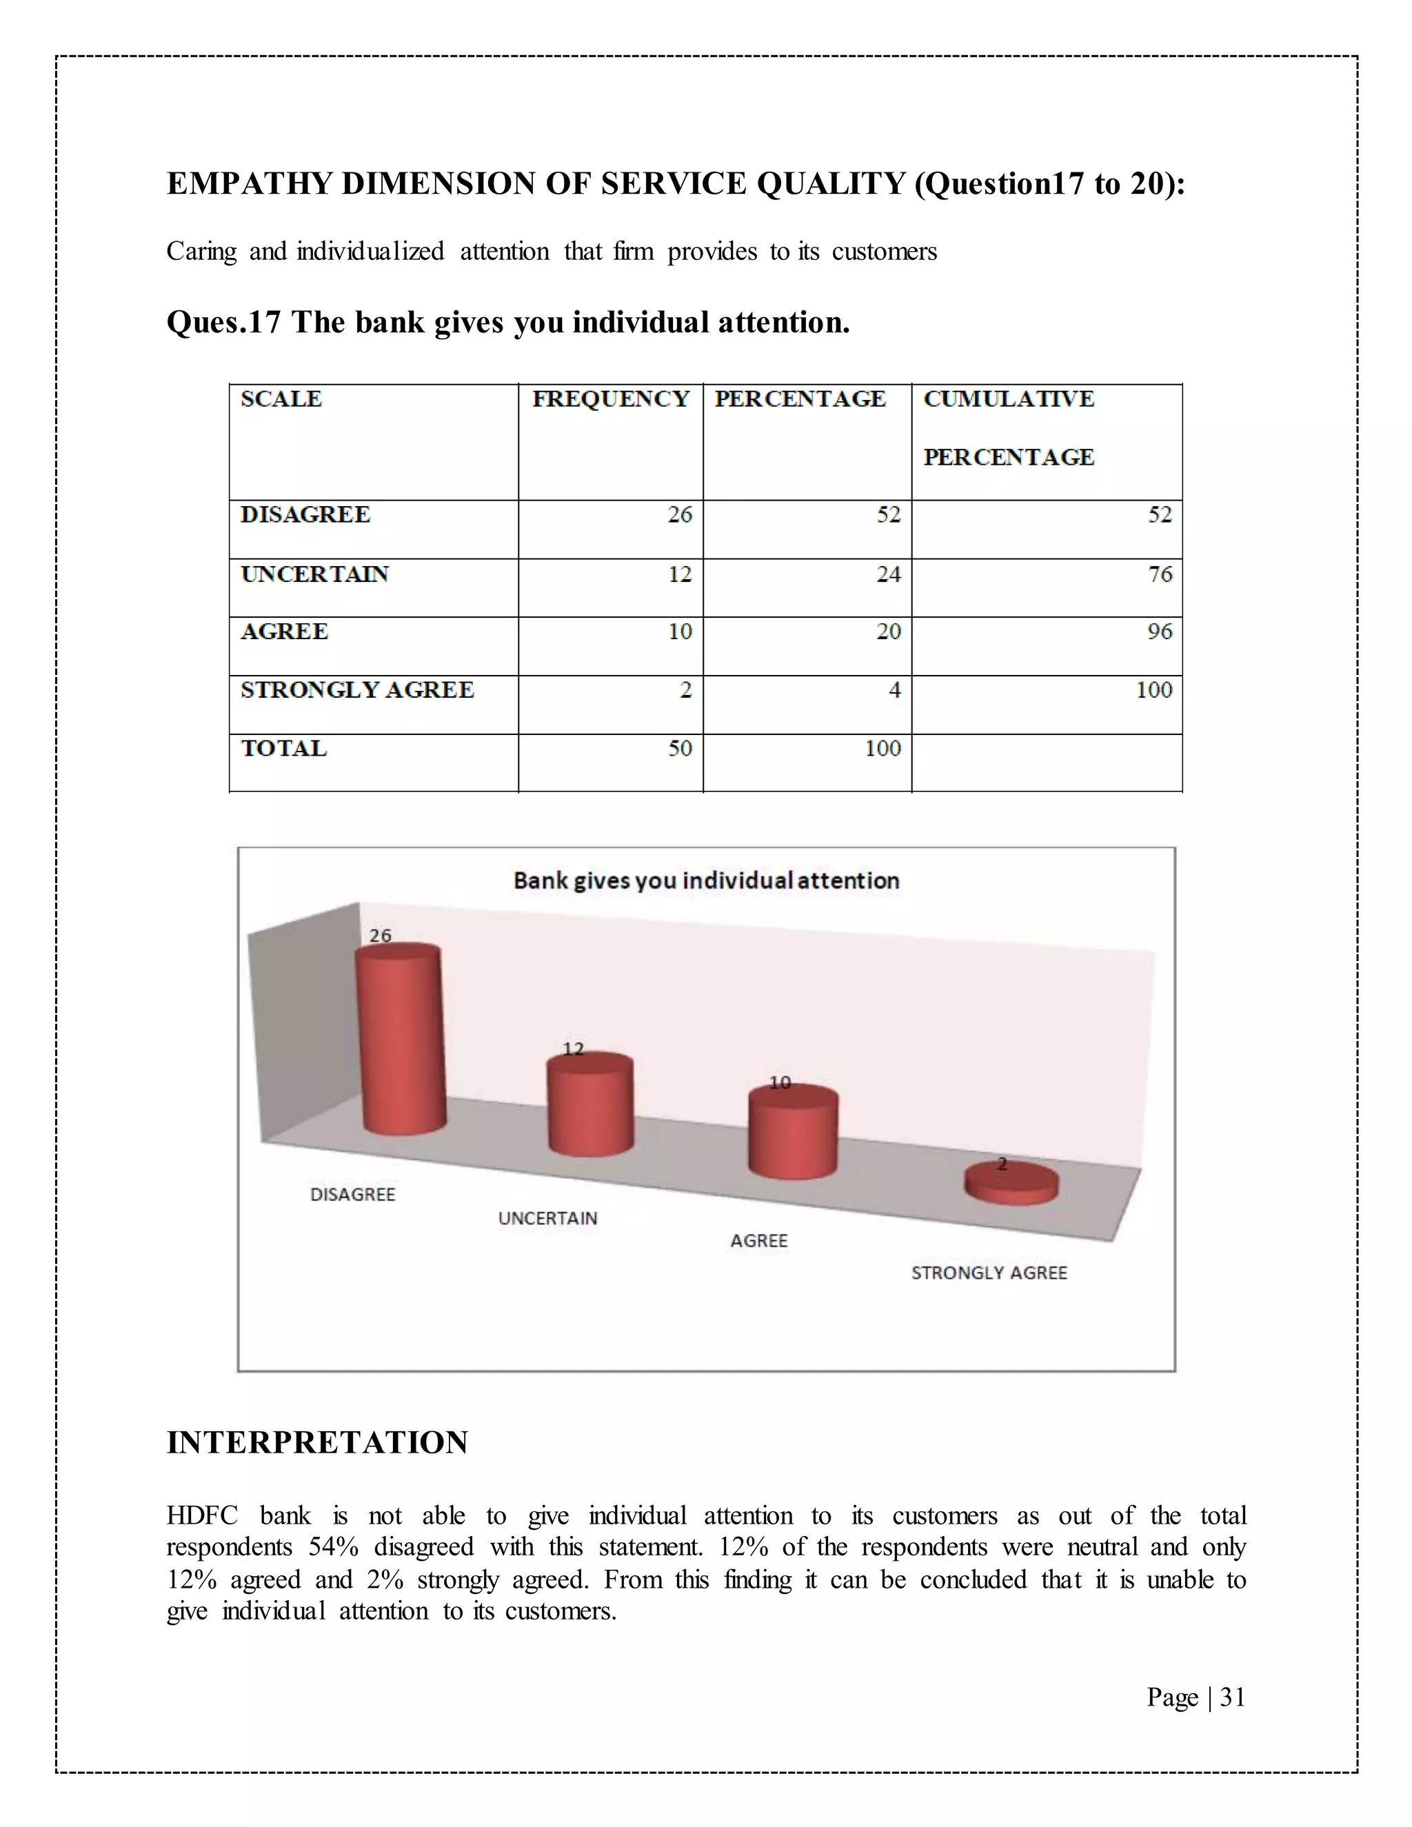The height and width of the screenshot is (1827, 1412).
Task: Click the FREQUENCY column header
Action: [x=611, y=399]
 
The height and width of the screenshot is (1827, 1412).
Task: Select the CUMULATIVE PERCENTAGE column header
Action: [x=1008, y=427]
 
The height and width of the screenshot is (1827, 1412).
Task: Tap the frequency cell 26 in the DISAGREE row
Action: [x=679, y=514]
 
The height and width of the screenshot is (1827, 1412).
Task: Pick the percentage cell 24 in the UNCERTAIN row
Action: [x=888, y=574]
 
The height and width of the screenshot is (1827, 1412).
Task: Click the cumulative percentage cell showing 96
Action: [x=1160, y=632]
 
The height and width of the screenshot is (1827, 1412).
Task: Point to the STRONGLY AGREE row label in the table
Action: [x=357, y=690]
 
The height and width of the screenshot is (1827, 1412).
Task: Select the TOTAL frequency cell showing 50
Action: [x=679, y=748]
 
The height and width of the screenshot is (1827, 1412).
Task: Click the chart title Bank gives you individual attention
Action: [x=706, y=881]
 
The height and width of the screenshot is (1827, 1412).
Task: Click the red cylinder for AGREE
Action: [x=792, y=1133]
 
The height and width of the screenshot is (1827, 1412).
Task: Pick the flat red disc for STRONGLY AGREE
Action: [x=1011, y=1184]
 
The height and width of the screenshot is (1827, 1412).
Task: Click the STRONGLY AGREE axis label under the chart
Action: [x=989, y=1273]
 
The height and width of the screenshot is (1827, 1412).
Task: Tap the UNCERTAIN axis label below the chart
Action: [x=548, y=1218]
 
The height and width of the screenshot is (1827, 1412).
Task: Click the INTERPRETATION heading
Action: [x=317, y=1443]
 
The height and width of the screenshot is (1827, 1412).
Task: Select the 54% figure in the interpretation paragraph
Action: [x=333, y=1547]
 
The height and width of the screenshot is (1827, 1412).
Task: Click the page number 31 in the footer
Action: [x=1232, y=1697]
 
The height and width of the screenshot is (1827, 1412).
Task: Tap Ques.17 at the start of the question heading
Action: [x=223, y=323]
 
